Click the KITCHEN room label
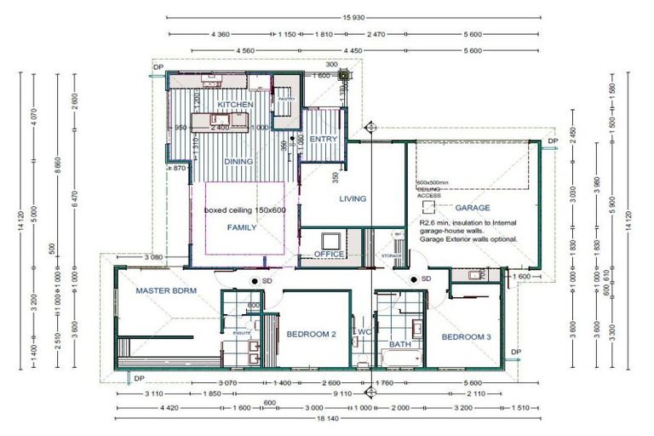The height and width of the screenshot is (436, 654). click(x=236, y=105)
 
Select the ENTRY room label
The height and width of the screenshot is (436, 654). click(x=324, y=139)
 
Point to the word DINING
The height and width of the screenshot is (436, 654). click(x=239, y=161)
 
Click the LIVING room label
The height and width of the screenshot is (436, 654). click(x=353, y=199)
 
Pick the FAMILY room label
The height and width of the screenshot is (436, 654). click(x=241, y=228)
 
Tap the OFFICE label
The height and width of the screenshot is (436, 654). click(x=329, y=255)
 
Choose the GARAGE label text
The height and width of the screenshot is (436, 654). click(x=472, y=208)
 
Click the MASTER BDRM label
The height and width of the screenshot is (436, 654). click(x=166, y=290)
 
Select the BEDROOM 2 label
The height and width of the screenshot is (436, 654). click(x=311, y=335)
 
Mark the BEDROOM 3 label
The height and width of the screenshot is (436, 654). click(x=467, y=337)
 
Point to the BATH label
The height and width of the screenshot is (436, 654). click(x=399, y=345)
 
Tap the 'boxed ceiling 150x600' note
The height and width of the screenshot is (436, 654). click(x=245, y=209)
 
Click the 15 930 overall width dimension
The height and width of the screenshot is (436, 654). click(x=354, y=17)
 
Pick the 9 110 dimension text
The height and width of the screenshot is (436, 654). click(x=341, y=394)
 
